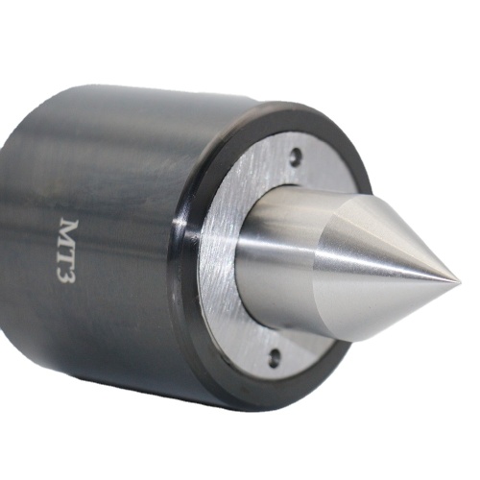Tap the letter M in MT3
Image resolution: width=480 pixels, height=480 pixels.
69,231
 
